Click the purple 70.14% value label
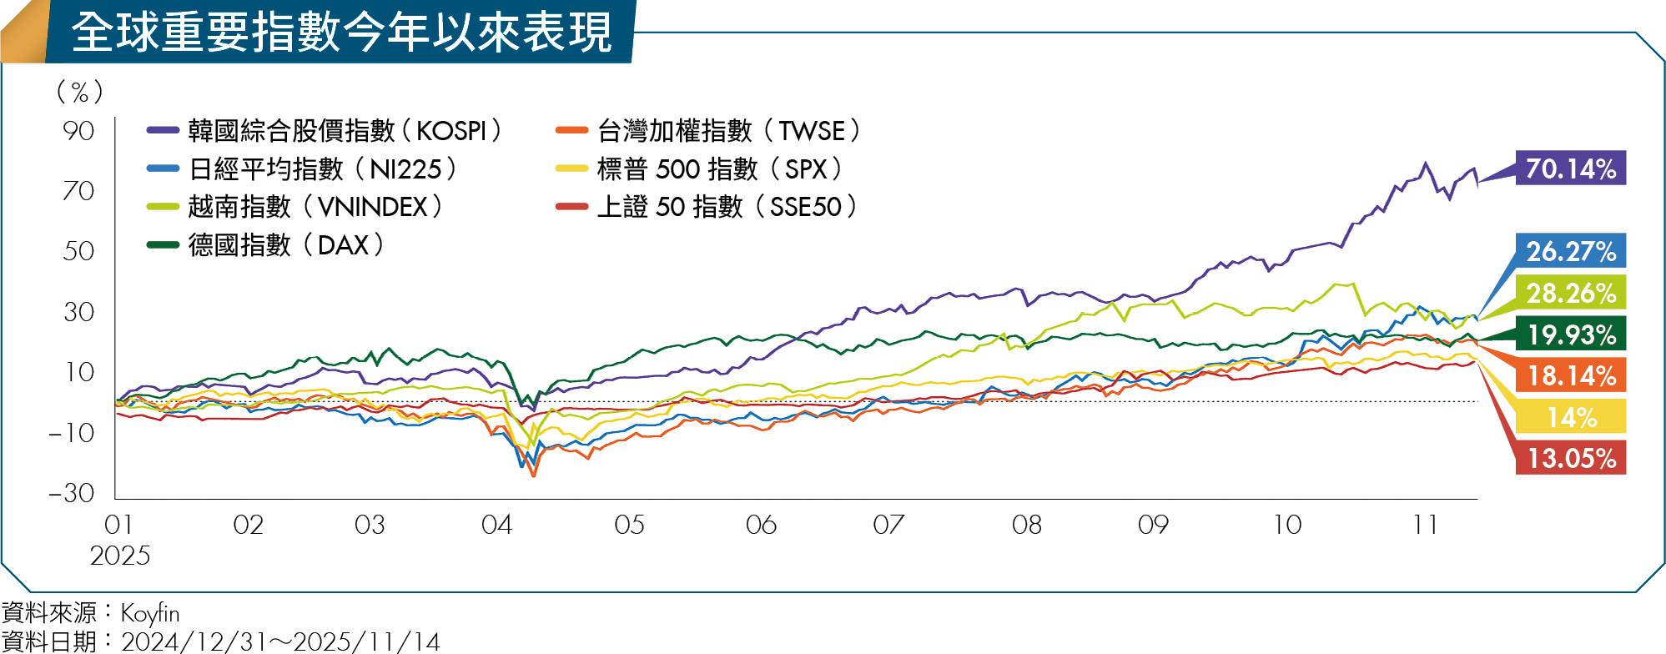[1570, 169]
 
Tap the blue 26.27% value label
[1570, 250]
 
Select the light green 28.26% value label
[1570, 293]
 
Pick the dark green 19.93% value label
[1570, 334]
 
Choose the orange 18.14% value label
[1570, 375]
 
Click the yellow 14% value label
[1570, 416]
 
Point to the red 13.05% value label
[1570, 458]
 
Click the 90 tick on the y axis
[78, 131]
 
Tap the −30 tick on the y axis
[72, 493]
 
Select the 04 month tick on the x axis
[496, 525]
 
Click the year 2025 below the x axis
[120, 556]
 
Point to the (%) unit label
[80, 91]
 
